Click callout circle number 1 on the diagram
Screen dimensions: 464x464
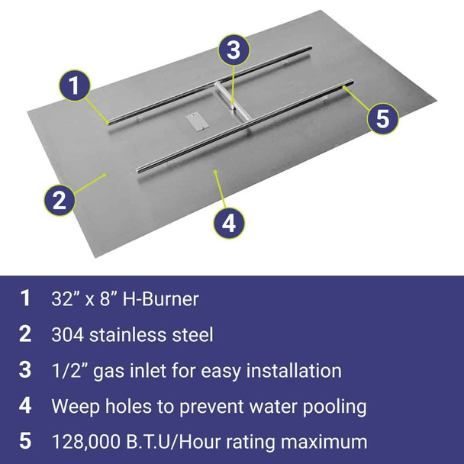point(73,85)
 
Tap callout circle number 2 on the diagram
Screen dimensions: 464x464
point(59,200)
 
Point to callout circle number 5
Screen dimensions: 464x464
point(384,118)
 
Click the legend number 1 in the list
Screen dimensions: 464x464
point(26,298)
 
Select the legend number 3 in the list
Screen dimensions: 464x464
point(26,371)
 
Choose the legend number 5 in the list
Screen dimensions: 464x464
point(26,442)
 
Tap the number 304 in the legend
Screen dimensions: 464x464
point(68,335)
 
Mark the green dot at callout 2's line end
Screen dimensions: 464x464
point(105,175)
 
